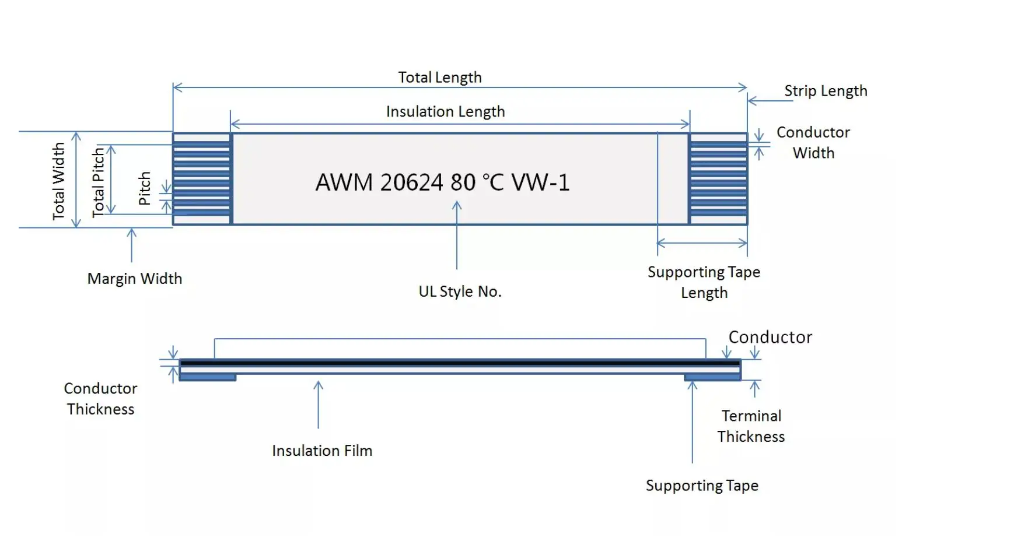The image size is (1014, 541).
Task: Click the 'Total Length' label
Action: [x=440, y=78]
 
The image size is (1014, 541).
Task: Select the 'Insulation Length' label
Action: [x=445, y=111]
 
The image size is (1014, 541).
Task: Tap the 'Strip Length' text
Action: [x=826, y=91]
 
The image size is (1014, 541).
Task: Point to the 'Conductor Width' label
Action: [x=813, y=142]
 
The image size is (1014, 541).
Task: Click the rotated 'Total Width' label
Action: [x=58, y=181]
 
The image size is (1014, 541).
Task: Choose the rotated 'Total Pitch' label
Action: [x=98, y=182]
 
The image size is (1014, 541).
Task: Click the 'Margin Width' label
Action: [x=135, y=279]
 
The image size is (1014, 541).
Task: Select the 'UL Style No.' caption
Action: [x=460, y=291]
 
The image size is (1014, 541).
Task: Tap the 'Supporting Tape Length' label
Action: [x=704, y=282]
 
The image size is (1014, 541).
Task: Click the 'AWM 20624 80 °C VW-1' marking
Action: [x=442, y=182]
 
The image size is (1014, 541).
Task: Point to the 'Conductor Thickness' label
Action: [x=100, y=399]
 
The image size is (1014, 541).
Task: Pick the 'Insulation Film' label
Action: [x=322, y=451]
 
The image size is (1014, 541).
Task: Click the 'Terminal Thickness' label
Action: [x=751, y=426]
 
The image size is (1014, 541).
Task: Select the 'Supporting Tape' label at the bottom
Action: [x=702, y=486]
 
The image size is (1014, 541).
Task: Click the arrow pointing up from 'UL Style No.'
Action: [x=457, y=235]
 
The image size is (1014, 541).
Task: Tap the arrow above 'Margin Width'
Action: [x=132, y=245]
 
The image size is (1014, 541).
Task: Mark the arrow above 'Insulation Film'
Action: [x=319, y=405]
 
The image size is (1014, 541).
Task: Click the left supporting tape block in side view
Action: [x=208, y=377]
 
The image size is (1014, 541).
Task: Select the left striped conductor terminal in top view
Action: [x=202, y=178]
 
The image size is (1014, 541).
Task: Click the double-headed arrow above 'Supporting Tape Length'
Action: [x=702, y=243]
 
